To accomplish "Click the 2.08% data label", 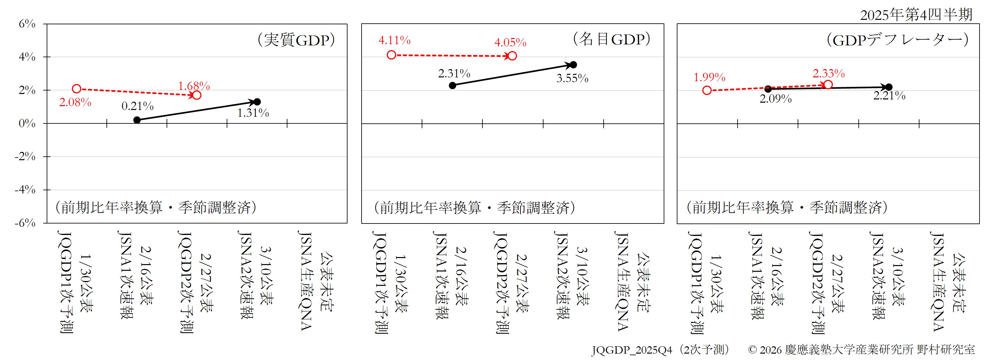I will pos(75,102).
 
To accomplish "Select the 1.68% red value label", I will pos(194,86).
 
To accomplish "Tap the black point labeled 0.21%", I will pos(137,120).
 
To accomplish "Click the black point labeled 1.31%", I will pos(257,102).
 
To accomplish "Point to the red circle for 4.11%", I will pos(391,55).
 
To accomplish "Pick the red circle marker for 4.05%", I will pos(512,56).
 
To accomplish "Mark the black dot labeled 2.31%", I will pos(452,85).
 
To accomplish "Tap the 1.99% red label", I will pos(709,77).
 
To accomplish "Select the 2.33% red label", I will pos(829,73).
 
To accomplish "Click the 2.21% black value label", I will pos(889,96).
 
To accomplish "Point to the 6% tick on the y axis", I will pos(27,24).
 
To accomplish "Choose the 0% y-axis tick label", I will pos(27,124).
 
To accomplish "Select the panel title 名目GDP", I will pos(612,39).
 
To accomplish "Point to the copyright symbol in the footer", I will pos(753,349).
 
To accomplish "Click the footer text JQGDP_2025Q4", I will pos(632,349).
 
